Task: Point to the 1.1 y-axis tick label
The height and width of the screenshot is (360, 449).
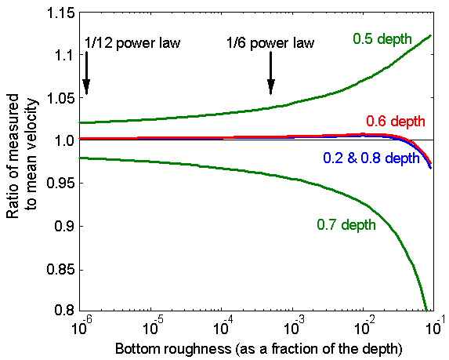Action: [x=64, y=56]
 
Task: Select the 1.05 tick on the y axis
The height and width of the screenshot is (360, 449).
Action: [x=60, y=99]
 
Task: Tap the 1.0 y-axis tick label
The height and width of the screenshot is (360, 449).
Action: [x=64, y=141]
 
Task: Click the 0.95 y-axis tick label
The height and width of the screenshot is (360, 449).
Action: [x=60, y=184]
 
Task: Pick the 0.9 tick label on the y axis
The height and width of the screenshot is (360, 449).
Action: [x=64, y=227]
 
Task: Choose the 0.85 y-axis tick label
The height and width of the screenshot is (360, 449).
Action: [x=60, y=269]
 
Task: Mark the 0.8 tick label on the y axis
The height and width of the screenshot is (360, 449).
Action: [x=64, y=311]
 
